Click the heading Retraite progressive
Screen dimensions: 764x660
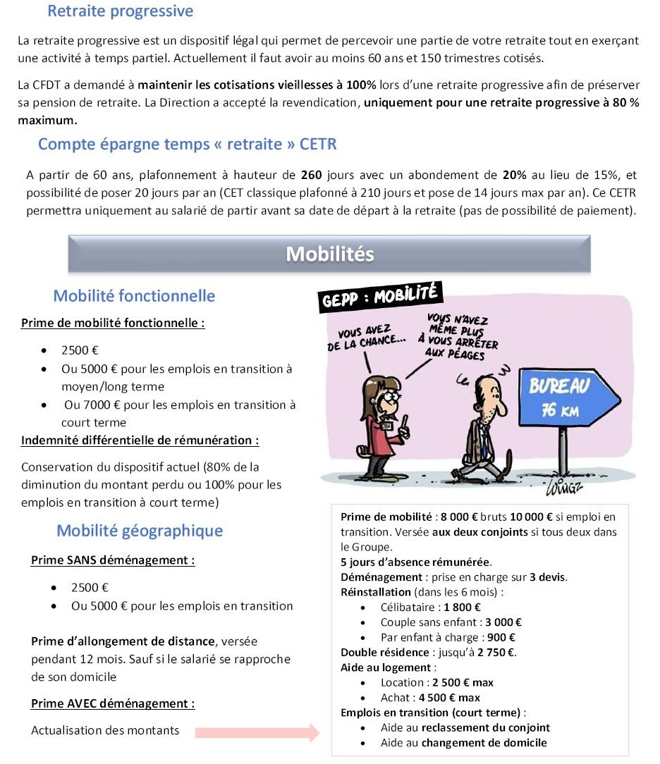tap(120, 11)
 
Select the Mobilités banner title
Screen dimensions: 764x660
tap(329, 254)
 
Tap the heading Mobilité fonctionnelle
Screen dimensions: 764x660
tap(134, 296)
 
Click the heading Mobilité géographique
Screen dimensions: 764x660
tap(140, 531)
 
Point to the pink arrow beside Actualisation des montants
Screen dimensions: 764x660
tap(257, 732)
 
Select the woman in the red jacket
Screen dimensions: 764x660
tap(379, 423)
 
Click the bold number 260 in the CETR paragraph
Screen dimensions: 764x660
tap(311, 175)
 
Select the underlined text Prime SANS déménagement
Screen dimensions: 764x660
tap(113, 560)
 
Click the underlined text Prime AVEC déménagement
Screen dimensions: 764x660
tap(113, 703)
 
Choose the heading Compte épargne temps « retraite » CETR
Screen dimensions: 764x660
tap(187, 144)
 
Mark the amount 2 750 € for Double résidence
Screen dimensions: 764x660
tap(496, 652)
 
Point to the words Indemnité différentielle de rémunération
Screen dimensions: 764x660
tap(140, 440)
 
